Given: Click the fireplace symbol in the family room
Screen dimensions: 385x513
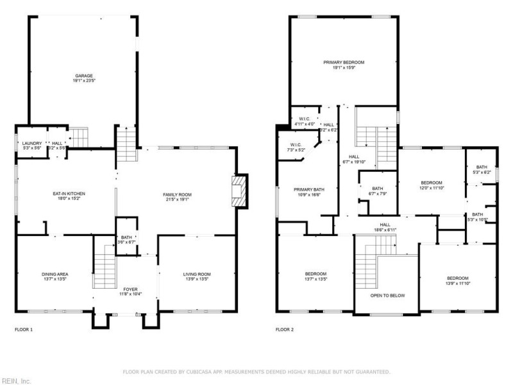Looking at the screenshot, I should click(239, 192).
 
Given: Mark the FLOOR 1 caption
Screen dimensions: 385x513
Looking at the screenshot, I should click(24, 329).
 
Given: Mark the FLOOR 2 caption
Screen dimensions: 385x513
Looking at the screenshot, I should click(285, 329).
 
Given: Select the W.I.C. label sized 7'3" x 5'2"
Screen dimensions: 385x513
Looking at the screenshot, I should click(296, 147).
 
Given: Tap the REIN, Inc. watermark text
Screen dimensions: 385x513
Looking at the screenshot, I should click(15, 381).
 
